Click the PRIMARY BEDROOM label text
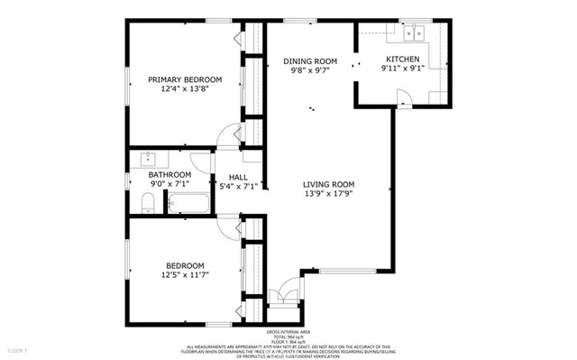click(x=185, y=79)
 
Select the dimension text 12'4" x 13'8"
click(x=185, y=89)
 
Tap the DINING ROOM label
click(x=310, y=61)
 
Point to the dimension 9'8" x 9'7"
click(x=310, y=71)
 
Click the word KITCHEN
click(x=403, y=58)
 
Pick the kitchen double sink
click(x=414, y=32)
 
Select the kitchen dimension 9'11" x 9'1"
click(x=403, y=68)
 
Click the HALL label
click(x=238, y=177)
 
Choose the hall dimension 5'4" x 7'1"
click(x=238, y=187)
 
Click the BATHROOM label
click(x=169, y=174)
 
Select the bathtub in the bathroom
click(x=189, y=203)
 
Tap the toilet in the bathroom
click(x=147, y=206)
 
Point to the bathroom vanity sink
click(x=147, y=161)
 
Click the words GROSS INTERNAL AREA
click(x=288, y=332)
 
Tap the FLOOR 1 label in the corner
click(x=17, y=349)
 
